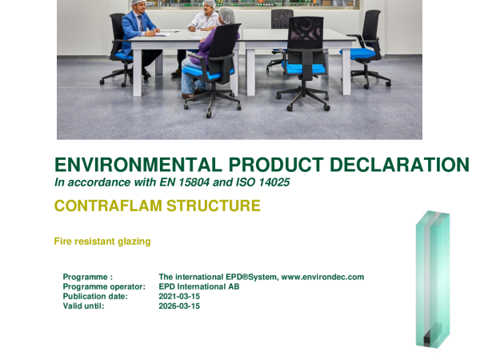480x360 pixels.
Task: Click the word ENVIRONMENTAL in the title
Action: pyautogui.click(x=138, y=165)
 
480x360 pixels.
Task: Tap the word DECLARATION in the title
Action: pyautogui.click(x=399, y=165)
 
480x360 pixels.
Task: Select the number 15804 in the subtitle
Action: pyautogui.click(x=194, y=182)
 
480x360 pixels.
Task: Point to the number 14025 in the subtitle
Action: pyautogui.click(x=274, y=182)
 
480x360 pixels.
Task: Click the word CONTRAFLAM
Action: pyautogui.click(x=108, y=206)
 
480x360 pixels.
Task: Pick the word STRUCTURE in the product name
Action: pyautogui.click(x=214, y=206)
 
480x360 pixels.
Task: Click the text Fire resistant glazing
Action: pyautogui.click(x=102, y=242)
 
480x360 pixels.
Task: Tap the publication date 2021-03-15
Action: pyautogui.click(x=179, y=296)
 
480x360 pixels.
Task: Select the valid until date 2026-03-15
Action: pyautogui.click(x=179, y=306)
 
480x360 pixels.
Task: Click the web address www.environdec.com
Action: pyautogui.click(x=322, y=277)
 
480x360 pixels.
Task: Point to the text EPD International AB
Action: pyautogui.click(x=199, y=287)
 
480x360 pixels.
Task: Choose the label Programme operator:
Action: pyautogui.click(x=104, y=287)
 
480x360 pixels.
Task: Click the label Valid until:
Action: pyautogui.click(x=83, y=306)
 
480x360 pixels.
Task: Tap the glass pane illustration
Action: pyautogui.click(x=433, y=278)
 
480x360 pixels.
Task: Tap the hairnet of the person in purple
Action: pyautogui.click(x=227, y=14)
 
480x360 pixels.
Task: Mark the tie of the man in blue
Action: pyautogui.click(x=141, y=23)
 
